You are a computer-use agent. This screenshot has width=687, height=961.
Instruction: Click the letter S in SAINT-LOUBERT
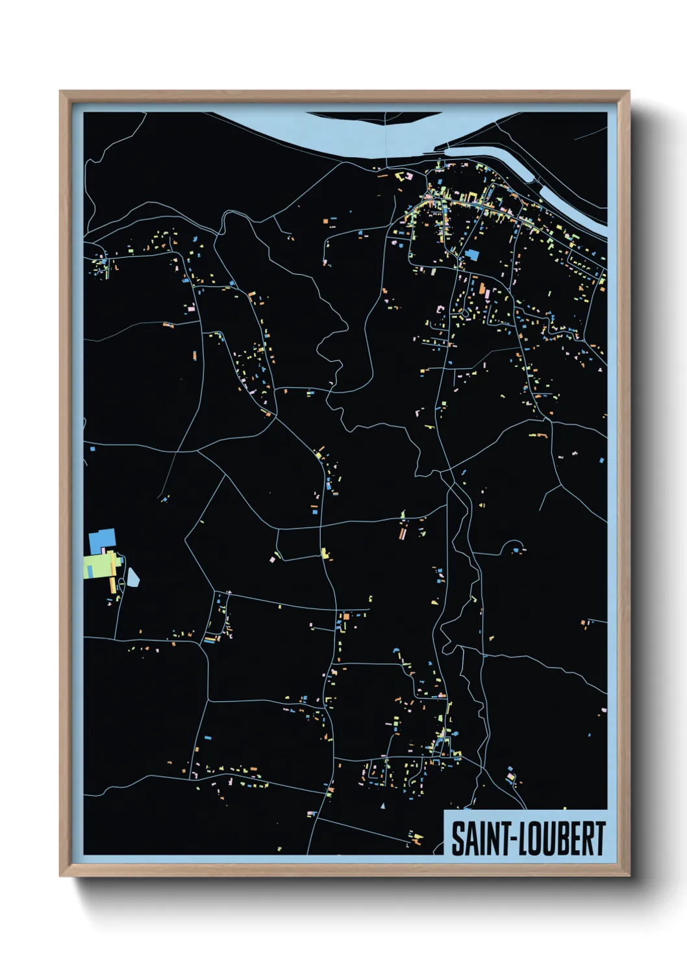458,839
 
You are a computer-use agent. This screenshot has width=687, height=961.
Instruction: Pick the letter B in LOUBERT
562,839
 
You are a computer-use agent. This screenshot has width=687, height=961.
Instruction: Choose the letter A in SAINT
470,839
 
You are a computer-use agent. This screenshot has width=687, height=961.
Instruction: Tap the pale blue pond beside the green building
133,577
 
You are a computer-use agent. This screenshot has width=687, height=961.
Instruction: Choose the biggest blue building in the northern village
471,255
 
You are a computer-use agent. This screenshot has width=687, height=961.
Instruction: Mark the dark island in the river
373,117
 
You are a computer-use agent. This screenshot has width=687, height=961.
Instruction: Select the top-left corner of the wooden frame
60,92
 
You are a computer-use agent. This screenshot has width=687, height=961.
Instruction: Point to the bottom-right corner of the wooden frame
628,875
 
